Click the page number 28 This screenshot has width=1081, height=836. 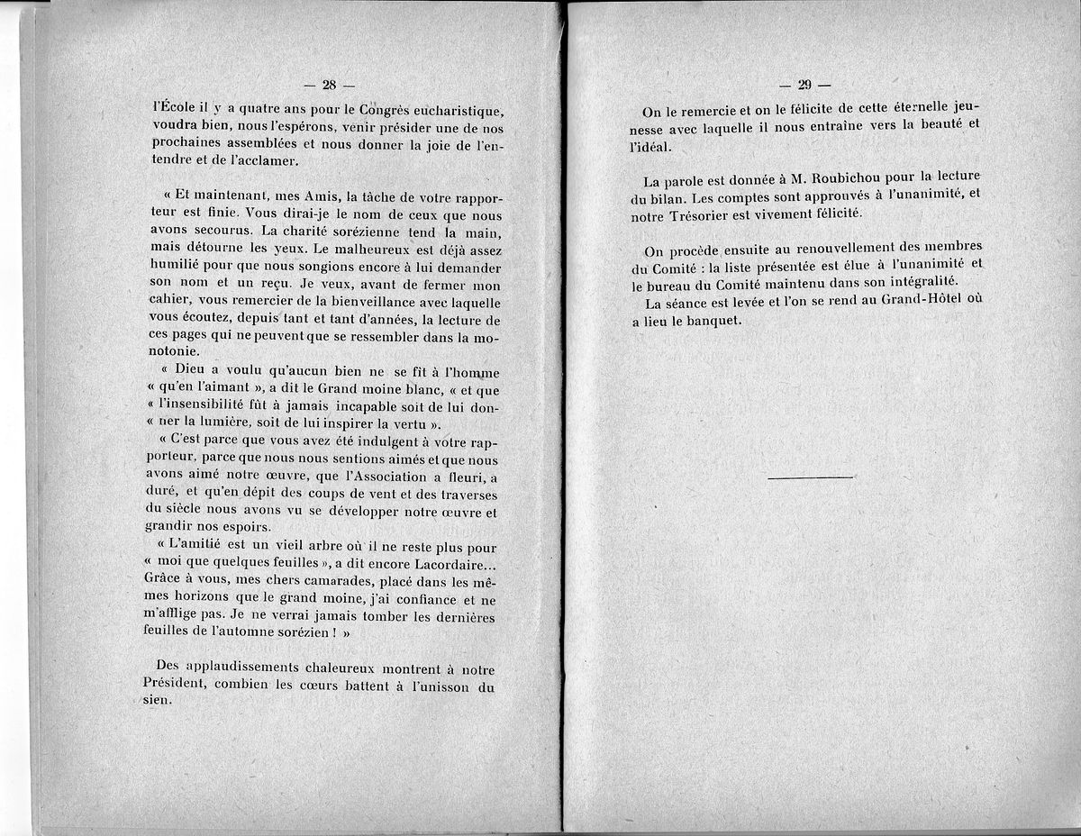coord(328,86)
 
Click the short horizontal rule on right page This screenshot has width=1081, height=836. coord(811,477)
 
